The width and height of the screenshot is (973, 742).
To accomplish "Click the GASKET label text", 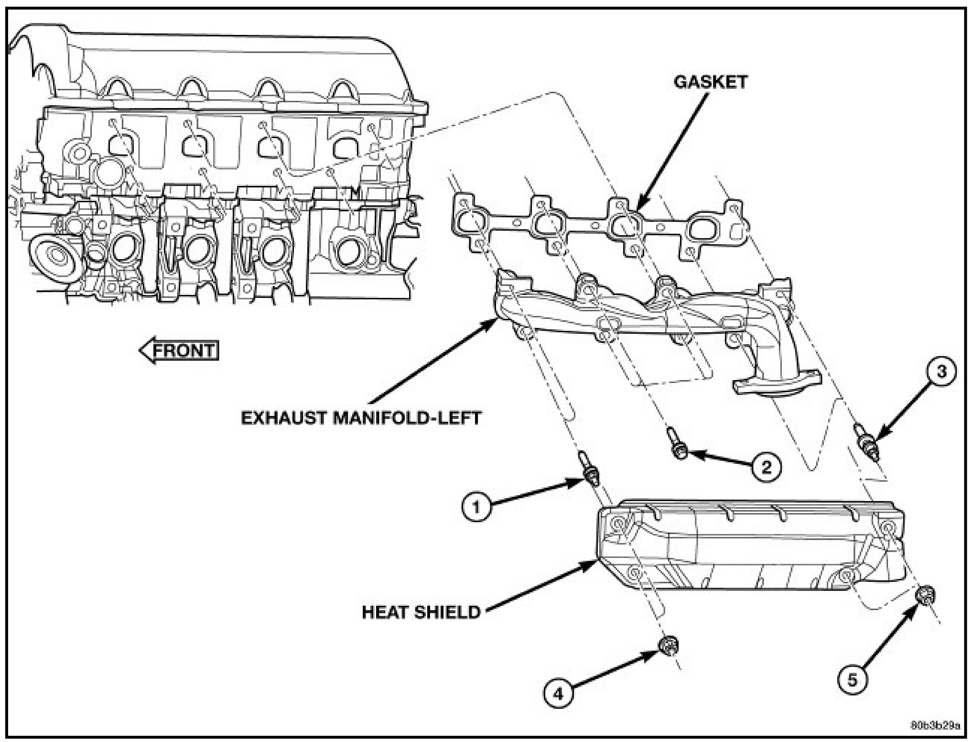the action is coord(710,82).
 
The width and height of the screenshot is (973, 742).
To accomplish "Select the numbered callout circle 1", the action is coord(476,507).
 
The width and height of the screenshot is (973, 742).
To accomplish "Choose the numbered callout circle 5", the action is coord(853,679).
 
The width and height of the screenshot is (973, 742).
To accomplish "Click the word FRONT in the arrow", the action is coord(184,350).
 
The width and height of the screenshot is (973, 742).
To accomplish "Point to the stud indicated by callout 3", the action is coord(868,443).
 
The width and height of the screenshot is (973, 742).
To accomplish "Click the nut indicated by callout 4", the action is coord(668,646).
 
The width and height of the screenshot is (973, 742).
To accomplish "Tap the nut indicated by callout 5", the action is coord(925,596).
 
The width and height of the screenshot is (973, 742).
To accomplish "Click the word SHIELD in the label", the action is coord(448,612).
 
